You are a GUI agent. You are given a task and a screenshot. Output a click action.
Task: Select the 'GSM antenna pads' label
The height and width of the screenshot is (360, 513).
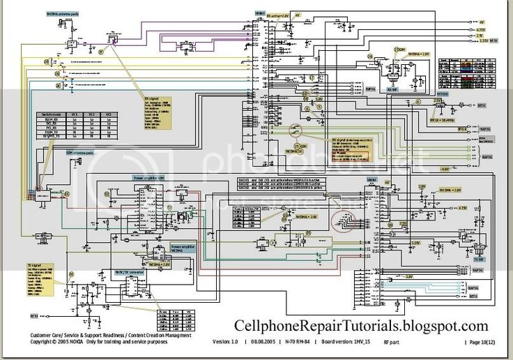pyautogui.click(x=79, y=151)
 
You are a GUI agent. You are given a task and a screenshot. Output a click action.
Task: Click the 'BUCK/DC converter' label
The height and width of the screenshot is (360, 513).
pyautogui.click(x=129, y=272)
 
